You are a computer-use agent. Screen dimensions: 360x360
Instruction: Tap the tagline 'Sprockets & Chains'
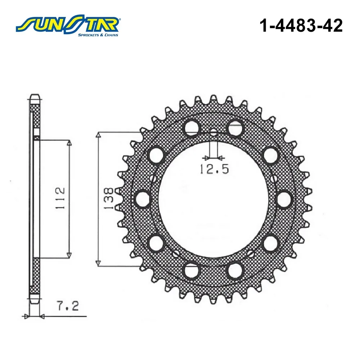[98, 35]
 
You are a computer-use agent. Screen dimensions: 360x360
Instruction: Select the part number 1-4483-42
[301, 26]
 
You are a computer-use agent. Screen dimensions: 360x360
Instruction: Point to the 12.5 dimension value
[215, 169]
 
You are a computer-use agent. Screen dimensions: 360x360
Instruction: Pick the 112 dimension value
[60, 198]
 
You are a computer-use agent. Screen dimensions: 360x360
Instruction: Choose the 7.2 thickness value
[68, 306]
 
